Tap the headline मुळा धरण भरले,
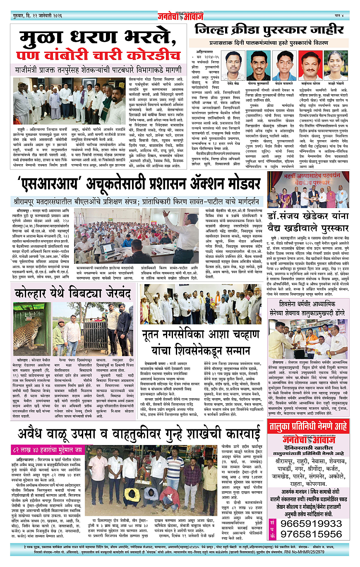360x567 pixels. point(99,39)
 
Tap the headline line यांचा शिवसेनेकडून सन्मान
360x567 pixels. point(201,351)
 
